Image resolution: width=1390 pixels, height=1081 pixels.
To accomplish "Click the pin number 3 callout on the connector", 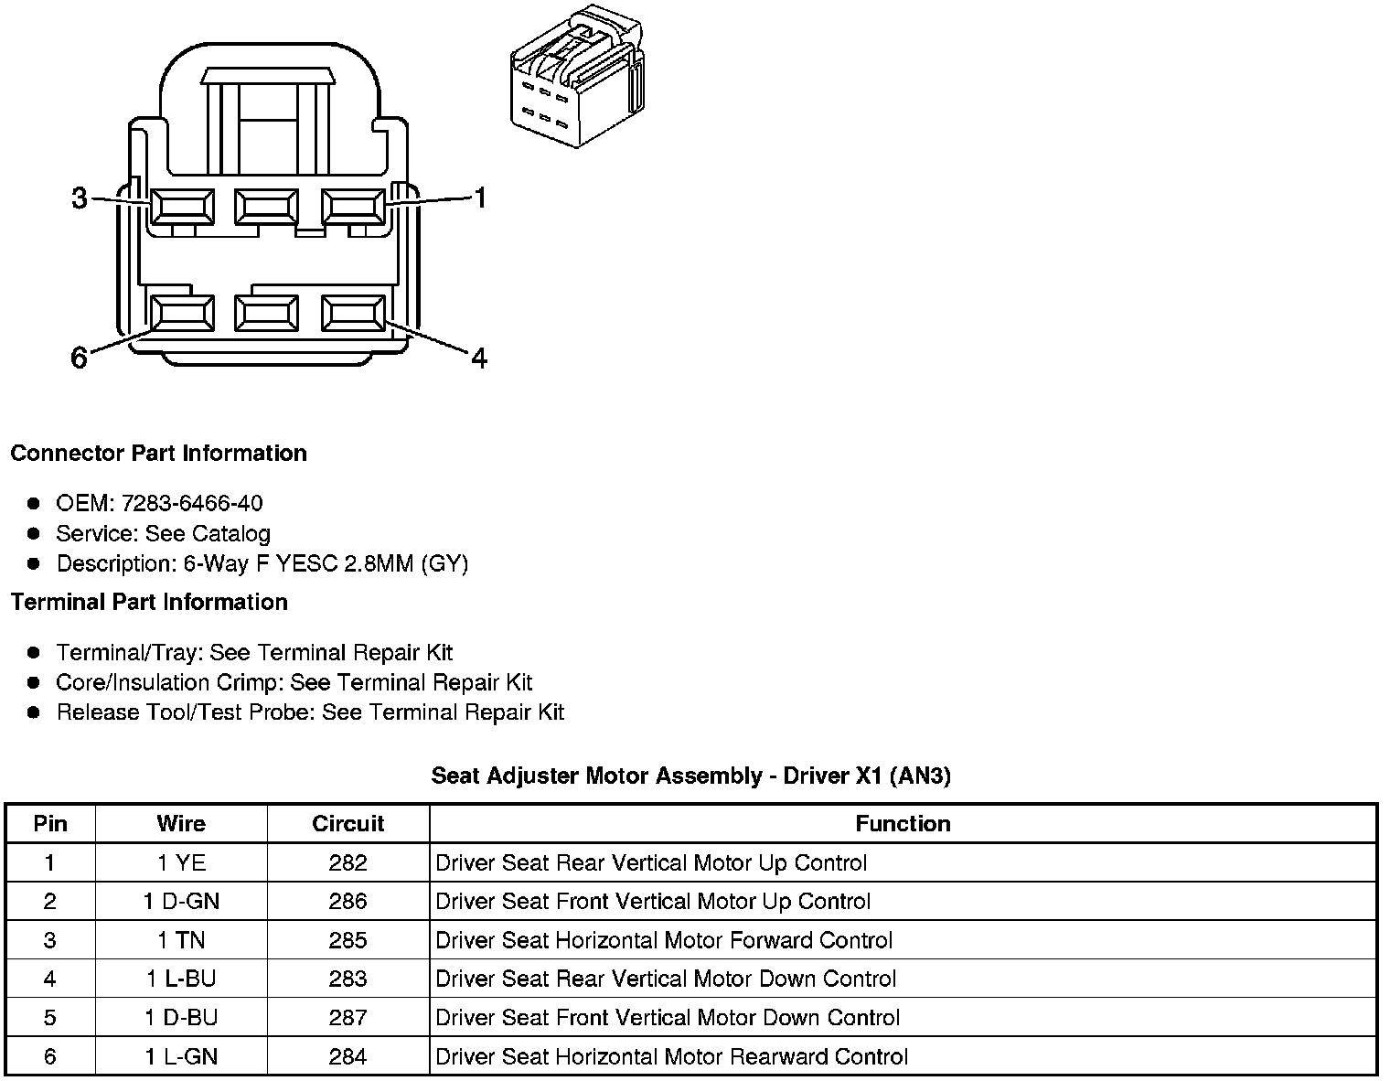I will coord(80,198).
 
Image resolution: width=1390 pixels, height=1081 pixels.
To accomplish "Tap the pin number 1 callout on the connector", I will coord(479,198).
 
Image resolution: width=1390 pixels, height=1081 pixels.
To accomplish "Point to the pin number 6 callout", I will coord(80,358).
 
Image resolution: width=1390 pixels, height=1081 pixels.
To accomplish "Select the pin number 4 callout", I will coord(479,358).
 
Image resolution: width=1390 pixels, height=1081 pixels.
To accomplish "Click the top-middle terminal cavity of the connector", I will coord(265,207).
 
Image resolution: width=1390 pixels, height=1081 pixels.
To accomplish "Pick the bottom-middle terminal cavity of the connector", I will coord(265,314).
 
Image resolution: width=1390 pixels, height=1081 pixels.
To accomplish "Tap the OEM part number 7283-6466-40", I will coord(191,503).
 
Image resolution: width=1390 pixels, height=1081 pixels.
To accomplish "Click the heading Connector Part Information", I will coord(158,454).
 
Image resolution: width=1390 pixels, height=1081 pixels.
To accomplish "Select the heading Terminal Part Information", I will coord(149,602).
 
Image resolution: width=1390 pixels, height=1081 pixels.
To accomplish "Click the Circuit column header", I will coord(347,823).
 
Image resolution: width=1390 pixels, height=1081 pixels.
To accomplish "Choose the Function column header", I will coord(903,823).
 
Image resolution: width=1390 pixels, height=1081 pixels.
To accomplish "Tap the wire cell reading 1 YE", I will coord(181,862).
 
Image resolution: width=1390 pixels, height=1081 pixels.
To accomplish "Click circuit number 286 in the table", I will coord(347,902).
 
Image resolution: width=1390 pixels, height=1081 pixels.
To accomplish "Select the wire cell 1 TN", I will coord(181,940).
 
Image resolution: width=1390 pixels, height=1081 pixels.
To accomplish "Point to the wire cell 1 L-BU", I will coord(181,979).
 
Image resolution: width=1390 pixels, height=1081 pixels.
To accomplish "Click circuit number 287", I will coord(347,1018).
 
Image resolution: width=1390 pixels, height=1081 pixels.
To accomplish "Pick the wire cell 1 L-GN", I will coord(181,1056).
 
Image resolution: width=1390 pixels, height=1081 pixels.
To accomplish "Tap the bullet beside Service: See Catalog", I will coord(34,533).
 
